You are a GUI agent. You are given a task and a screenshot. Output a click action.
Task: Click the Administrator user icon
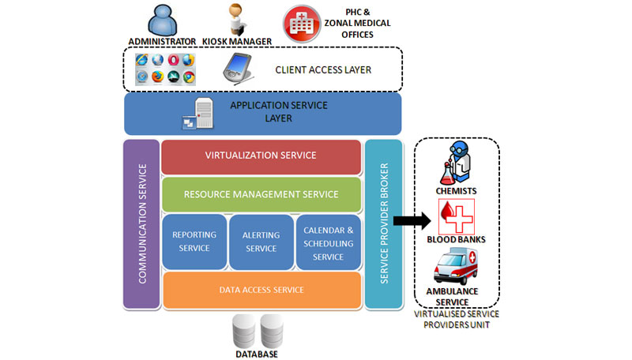pyautogui.click(x=161, y=20)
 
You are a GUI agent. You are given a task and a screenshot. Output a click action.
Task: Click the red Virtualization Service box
pyautogui.click(x=261, y=156)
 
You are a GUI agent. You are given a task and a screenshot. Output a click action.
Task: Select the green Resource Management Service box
pyautogui.click(x=261, y=194)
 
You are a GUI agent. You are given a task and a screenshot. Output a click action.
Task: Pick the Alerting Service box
pyautogui.click(x=261, y=242)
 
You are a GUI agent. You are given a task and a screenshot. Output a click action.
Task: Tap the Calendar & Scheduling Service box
pyautogui.click(x=329, y=242)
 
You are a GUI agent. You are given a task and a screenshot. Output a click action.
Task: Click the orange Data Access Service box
pyautogui.click(x=261, y=290)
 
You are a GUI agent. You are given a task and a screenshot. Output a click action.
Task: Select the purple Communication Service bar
pyautogui.click(x=141, y=224)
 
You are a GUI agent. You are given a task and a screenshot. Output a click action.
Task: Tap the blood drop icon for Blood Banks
pyautogui.click(x=454, y=215)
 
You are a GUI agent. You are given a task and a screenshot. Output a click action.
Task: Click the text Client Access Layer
pyautogui.click(x=323, y=70)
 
